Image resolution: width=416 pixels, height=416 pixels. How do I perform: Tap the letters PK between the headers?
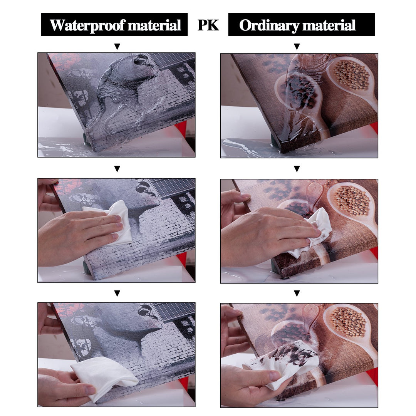[x=208, y=25]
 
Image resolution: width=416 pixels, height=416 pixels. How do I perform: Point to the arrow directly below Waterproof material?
[x=117, y=47]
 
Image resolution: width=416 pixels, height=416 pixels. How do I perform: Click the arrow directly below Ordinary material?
[x=297, y=47]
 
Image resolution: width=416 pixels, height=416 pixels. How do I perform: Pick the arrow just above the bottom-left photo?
[x=117, y=293]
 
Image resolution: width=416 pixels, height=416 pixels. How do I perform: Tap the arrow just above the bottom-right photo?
[x=297, y=293]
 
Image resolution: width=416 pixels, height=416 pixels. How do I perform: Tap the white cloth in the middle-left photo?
[x=111, y=221]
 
